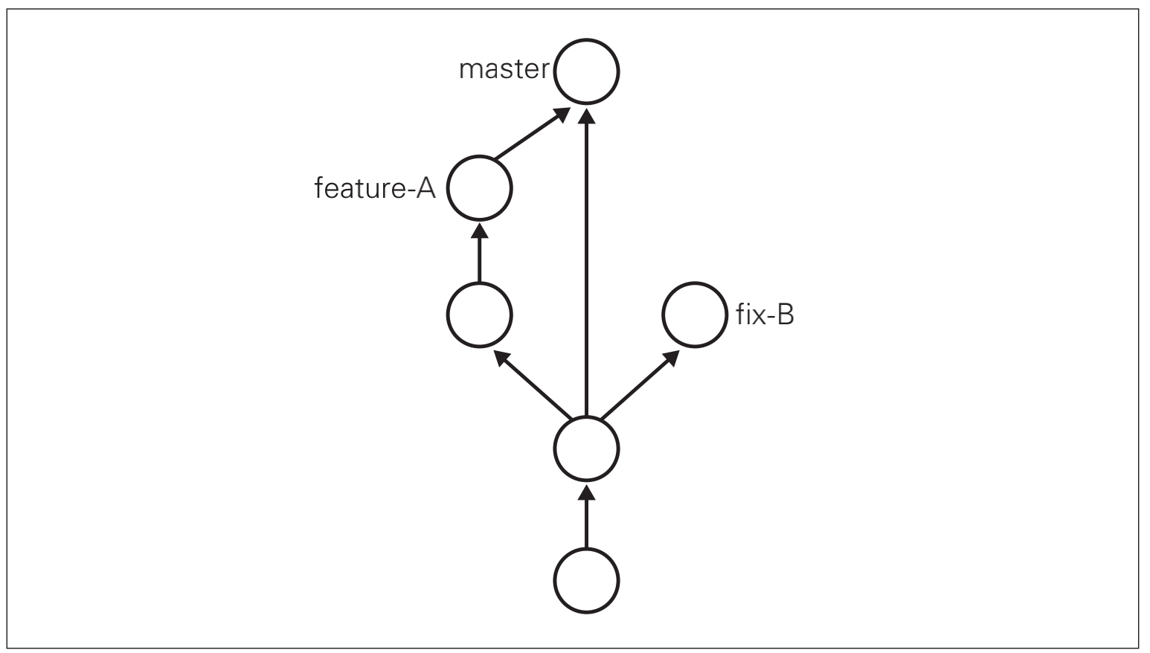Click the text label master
coord(504,69)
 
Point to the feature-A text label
coord(375,188)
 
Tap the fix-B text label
coord(765,314)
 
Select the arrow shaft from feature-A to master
coord(532,133)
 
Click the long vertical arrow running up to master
coord(586,263)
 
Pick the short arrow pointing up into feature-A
coord(479,253)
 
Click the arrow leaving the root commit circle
coord(586,516)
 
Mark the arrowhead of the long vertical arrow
coord(586,116)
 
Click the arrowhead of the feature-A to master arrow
coord(561,114)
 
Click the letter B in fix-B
coord(786,314)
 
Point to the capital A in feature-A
coord(425,188)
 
